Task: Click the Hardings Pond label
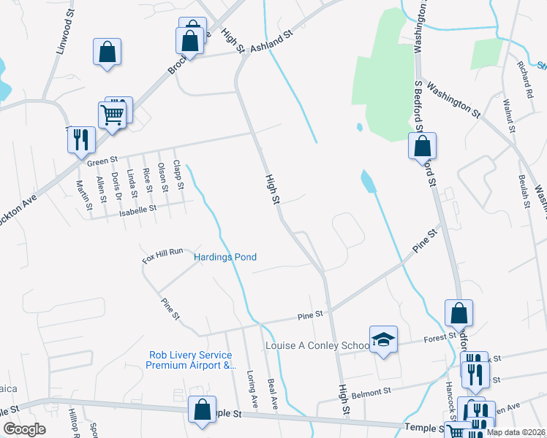tap(225, 257)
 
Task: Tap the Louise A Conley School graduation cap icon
tap(383, 339)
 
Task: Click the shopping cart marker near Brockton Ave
tap(112, 115)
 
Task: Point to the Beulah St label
tap(523, 191)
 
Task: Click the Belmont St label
tap(371, 393)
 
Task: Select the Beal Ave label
tap(273, 393)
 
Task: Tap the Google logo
tap(24, 429)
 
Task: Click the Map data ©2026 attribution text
tap(516, 432)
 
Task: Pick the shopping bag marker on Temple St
tap(202, 410)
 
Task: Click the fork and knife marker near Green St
tap(81, 139)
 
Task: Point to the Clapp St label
tap(178, 177)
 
